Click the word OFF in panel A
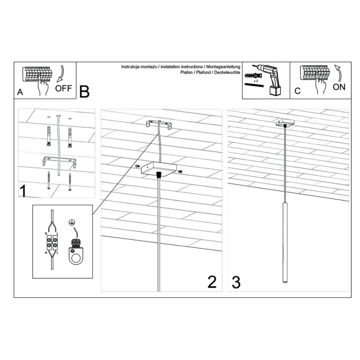[63, 88]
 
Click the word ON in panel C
[338, 87]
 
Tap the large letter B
[84, 91]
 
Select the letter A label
[20, 93]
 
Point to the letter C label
[297, 91]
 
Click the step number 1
[24, 191]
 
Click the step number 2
[212, 282]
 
